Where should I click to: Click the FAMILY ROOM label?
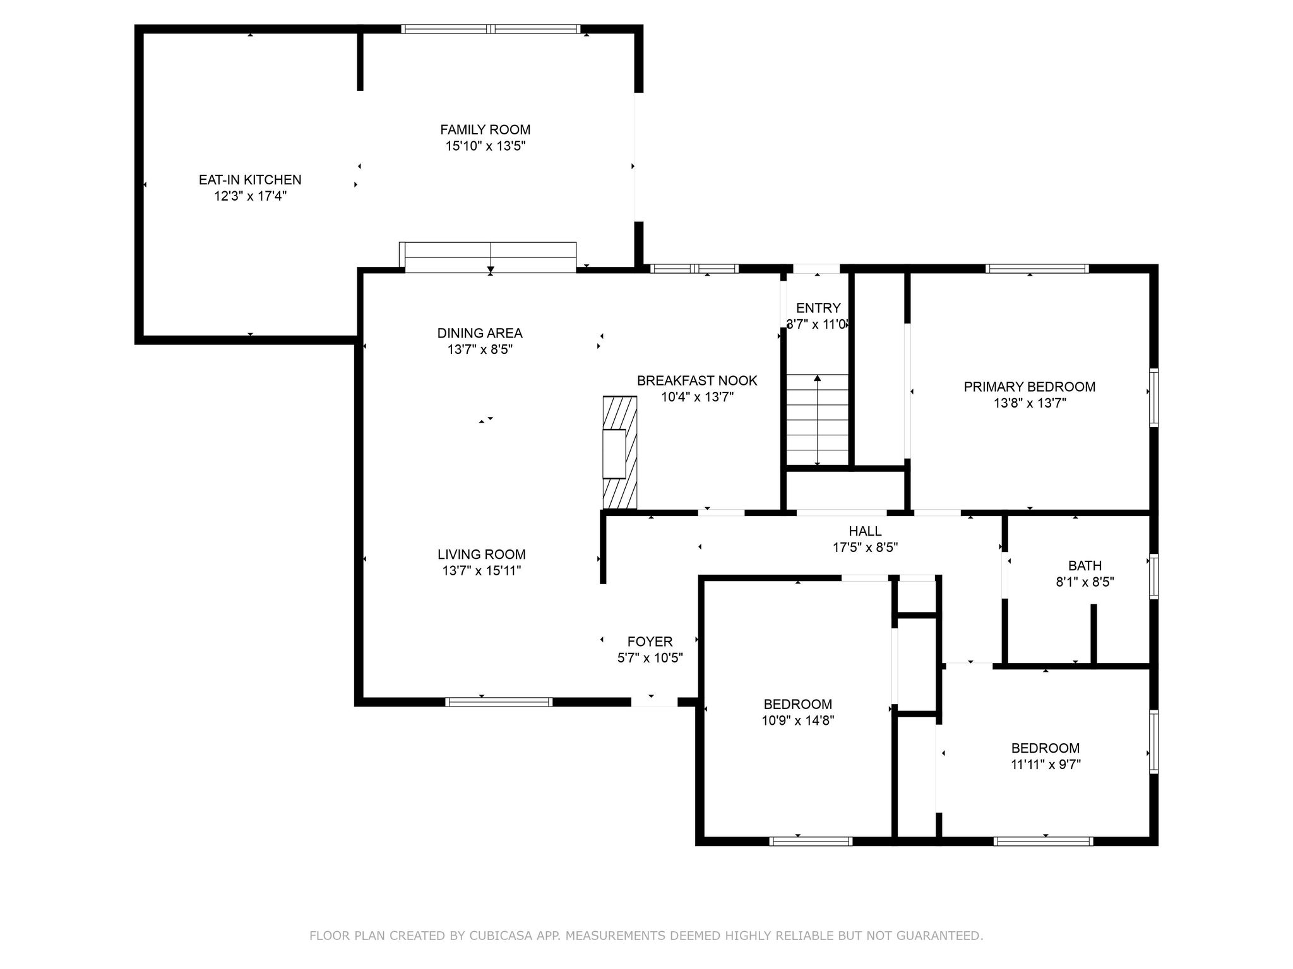(x=485, y=129)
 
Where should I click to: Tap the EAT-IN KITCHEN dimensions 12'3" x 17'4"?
(x=250, y=196)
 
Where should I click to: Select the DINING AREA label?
(x=480, y=333)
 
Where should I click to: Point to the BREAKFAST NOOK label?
(x=697, y=380)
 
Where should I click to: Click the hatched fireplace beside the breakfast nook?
(x=620, y=452)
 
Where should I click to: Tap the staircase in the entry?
(x=817, y=420)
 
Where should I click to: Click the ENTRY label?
(x=818, y=308)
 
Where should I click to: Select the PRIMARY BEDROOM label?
(x=1029, y=387)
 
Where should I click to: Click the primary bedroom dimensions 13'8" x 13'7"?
(x=1029, y=403)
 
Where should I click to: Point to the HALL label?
(x=865, y=531)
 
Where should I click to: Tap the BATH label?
(x=1085, y=566)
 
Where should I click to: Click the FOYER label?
(x=650, y=642)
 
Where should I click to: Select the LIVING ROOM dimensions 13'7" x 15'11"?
(x=481, y=571)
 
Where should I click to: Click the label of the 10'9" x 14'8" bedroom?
(x=797, y=704)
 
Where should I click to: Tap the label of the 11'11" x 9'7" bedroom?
(x=1045, y=748)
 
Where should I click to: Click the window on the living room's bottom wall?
(x=499, y=702)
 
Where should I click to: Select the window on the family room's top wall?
(x=491, y=28)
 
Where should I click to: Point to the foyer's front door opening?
(x=654, y=702)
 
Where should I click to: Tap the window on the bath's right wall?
(x=1153, y=575)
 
